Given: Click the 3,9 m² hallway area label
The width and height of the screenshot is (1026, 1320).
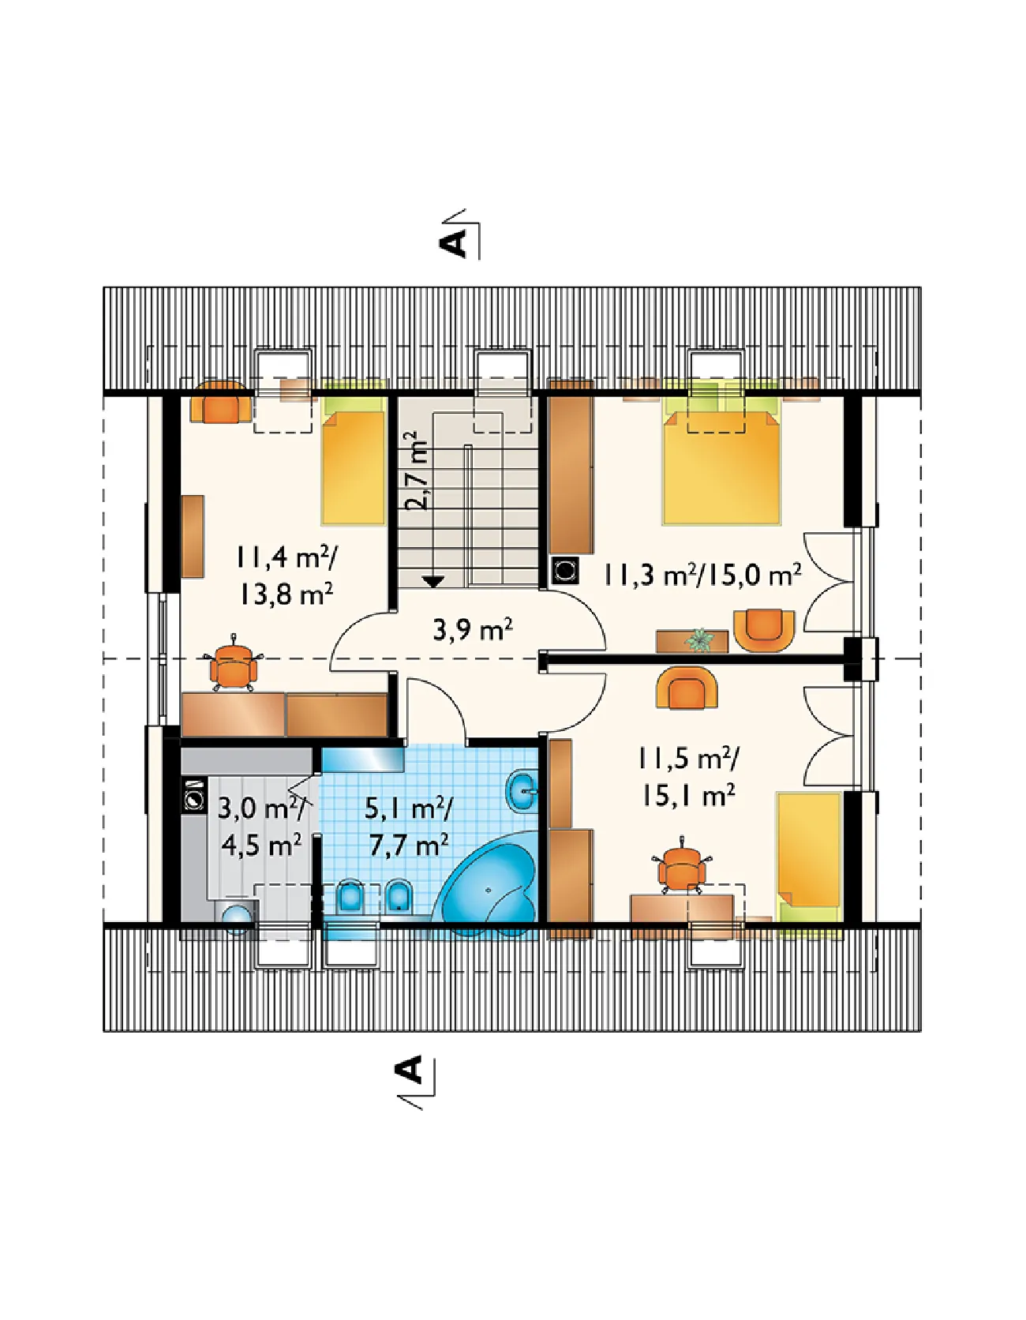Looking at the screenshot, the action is click(473, 629).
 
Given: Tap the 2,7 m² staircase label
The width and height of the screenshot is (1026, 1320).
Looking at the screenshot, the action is click(416, 471).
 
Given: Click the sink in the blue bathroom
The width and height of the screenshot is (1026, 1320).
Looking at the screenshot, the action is click(522, 789).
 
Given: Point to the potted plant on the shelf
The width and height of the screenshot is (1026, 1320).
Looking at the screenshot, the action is click(698, 639).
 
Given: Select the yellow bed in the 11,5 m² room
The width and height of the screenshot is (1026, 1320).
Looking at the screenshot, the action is click(809, 857).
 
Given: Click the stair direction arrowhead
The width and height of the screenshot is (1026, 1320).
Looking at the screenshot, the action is click(432, 581).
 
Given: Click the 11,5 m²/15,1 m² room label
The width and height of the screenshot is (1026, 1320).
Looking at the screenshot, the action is click(688, 777).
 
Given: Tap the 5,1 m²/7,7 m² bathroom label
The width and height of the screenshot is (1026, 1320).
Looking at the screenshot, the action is click(410, 827).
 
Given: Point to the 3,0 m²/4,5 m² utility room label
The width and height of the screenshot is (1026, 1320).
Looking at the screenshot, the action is click(261, 827).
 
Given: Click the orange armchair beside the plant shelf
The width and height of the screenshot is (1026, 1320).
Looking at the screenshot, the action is click(762, 629).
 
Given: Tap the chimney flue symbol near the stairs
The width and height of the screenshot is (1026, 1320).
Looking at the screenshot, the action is click(564, 570).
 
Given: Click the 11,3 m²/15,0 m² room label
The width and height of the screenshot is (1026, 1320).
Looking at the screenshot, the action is click(702, 574).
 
